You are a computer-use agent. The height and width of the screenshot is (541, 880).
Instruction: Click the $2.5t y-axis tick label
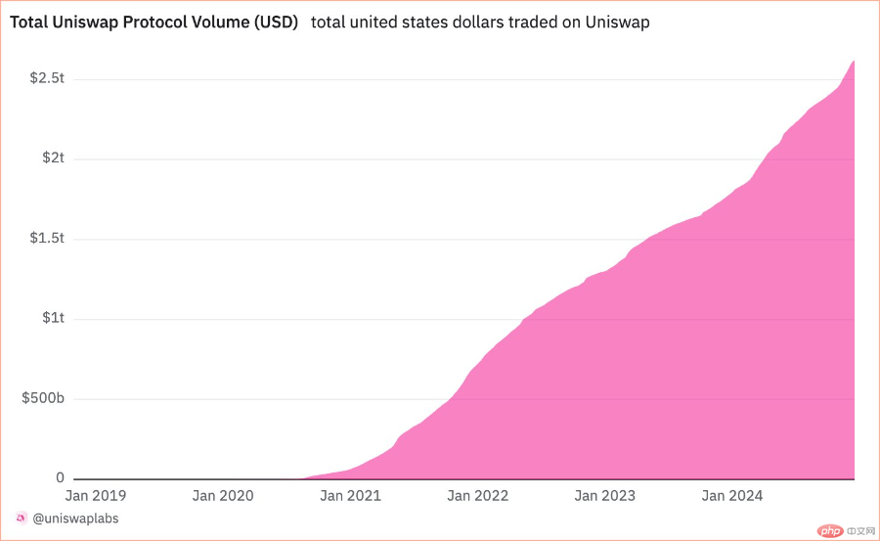(47, 78)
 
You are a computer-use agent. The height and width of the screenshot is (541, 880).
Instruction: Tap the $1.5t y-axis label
(47, 239)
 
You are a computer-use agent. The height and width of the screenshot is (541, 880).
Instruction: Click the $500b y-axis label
(42, 399)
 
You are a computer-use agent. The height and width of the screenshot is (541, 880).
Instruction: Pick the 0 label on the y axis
(60, 478)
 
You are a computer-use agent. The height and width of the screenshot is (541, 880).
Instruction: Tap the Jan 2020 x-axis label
(223, 496)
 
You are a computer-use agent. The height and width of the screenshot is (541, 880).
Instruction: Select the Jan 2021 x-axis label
(349, 496)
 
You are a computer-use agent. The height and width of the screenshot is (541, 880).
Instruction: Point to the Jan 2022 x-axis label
(477, 496)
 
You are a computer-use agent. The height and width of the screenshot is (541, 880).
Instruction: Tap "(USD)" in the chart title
(275, 23)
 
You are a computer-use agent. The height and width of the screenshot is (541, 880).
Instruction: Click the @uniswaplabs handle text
(76, 518)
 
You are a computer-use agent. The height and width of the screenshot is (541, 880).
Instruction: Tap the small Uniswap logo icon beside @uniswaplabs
(22, 518)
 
